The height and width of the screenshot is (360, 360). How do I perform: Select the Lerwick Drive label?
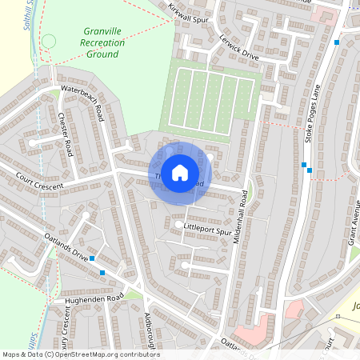(x=239, y=50)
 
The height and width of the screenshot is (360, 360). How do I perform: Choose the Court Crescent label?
(x=38, y=180)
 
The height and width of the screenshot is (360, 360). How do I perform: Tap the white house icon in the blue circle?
(x=180, y=171)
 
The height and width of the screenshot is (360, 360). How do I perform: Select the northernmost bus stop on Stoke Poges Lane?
(x=337, y=42)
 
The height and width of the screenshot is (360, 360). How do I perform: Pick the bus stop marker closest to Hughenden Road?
(x=102, y=273)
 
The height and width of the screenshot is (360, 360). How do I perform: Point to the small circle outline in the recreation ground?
(x=49, y=41)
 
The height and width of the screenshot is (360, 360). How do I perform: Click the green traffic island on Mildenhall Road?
(x=250, y=190)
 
